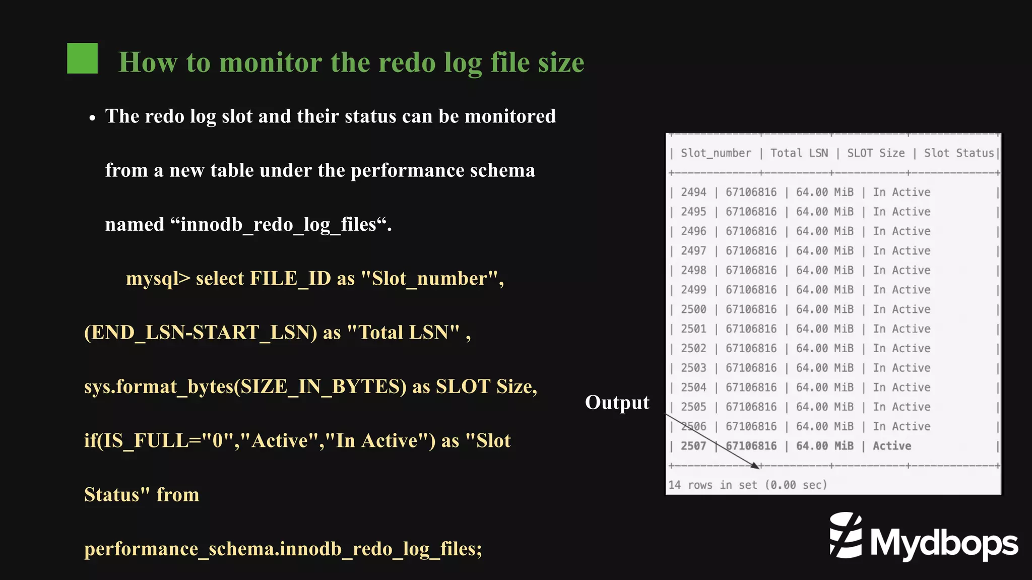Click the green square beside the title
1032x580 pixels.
[82, 58]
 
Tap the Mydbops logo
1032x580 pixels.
[923, 538]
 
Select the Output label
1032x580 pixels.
[617, 403]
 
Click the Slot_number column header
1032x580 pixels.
[715, 153]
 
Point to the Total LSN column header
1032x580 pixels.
[799, 153]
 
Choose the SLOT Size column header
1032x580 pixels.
[875, 153]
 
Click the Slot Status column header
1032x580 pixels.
[958, 153]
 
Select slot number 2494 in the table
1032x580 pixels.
[693, 192]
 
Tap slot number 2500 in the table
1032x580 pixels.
[693, 309]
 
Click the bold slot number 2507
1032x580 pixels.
[693, 446]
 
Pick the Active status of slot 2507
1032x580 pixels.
[892, 446]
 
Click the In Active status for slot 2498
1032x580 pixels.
[901, 271]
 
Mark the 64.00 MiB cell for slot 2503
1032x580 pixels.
[824, 368]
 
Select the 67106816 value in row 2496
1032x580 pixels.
[751, 231]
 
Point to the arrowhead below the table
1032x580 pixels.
[755, 466]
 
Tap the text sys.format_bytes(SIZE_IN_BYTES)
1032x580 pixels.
[245, 387]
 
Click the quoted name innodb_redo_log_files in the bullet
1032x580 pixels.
[278, 225]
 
